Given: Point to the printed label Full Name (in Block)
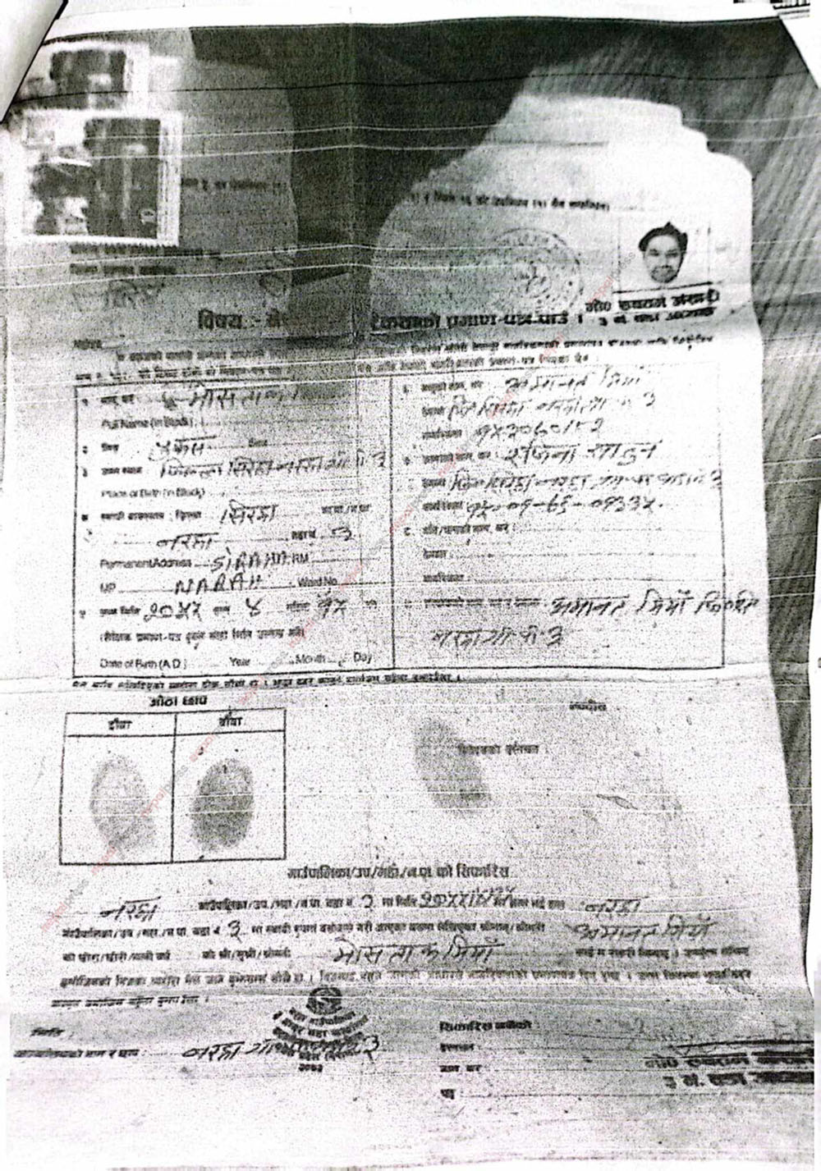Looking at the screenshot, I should point(134,423).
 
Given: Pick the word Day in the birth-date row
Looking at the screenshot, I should point(362,657).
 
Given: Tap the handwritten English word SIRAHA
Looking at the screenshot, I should point(247,561).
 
